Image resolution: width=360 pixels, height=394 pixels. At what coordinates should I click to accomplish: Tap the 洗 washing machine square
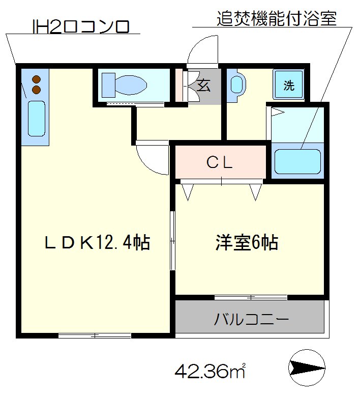click(289, 85)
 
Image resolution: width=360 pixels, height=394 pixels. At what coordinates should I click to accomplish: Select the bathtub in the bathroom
click(297, 161)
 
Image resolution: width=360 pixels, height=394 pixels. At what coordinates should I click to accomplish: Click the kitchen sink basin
click(36, 118)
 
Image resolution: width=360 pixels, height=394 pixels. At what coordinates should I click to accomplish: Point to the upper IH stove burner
click(37, 79)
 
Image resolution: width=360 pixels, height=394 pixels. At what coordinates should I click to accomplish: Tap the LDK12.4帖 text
click(97, 243)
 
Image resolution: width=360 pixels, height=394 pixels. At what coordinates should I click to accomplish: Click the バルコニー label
click(251, 320)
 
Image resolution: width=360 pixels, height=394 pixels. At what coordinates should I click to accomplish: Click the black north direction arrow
click(307, 367)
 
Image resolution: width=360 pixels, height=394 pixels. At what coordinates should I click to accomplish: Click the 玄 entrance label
click(203, 86)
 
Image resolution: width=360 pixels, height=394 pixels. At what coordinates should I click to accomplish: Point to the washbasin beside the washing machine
click(237, 85)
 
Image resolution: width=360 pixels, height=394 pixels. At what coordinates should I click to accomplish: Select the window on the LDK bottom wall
click(95, 335)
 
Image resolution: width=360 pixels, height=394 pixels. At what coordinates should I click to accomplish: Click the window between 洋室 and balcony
click(250, 297)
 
